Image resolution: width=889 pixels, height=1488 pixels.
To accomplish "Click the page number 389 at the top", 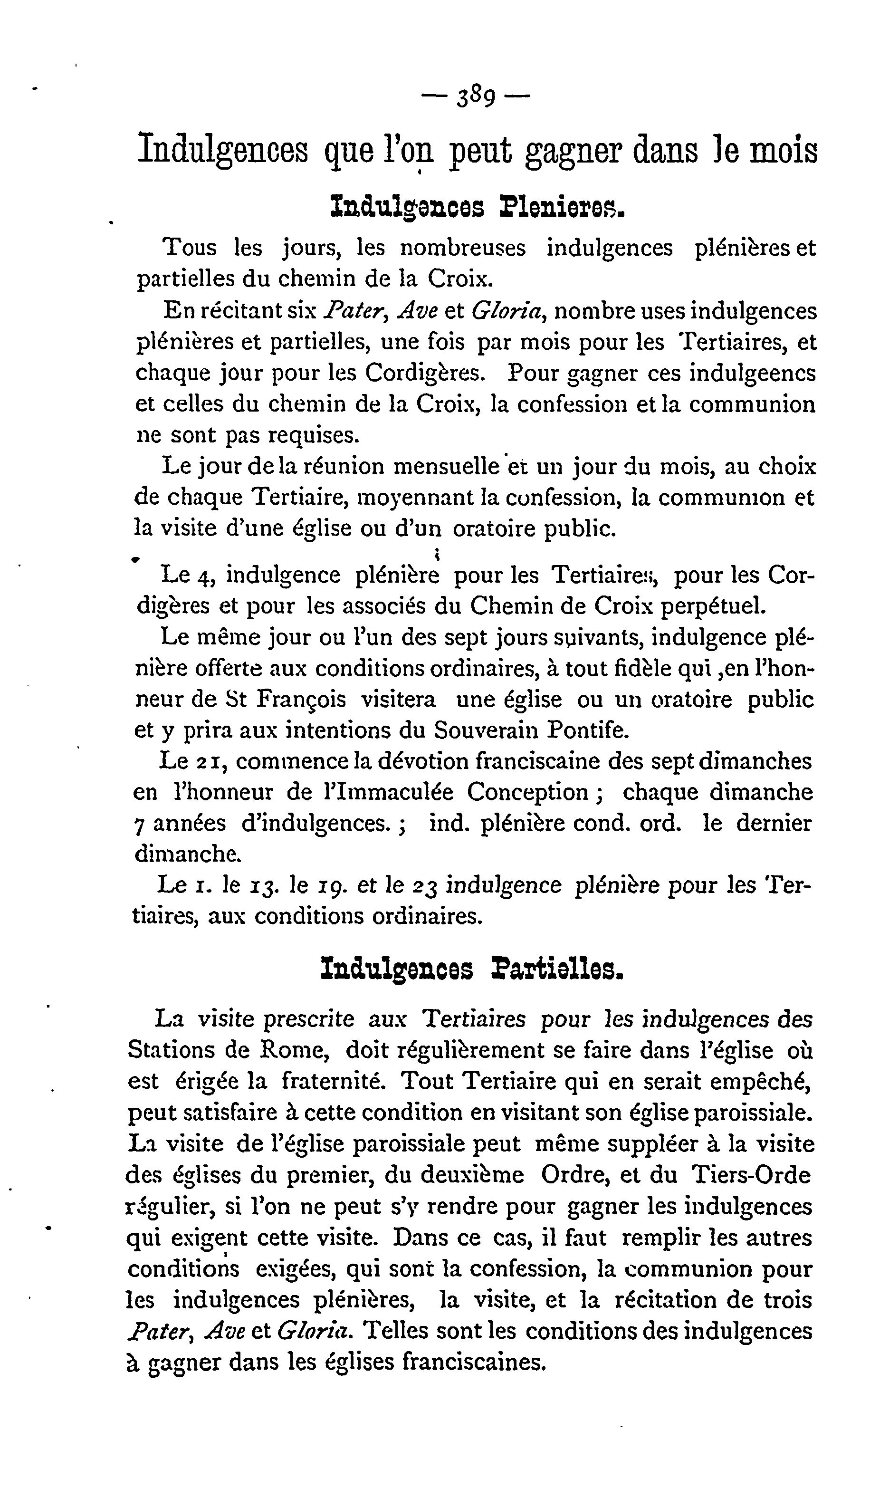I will [x=476, y=97].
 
